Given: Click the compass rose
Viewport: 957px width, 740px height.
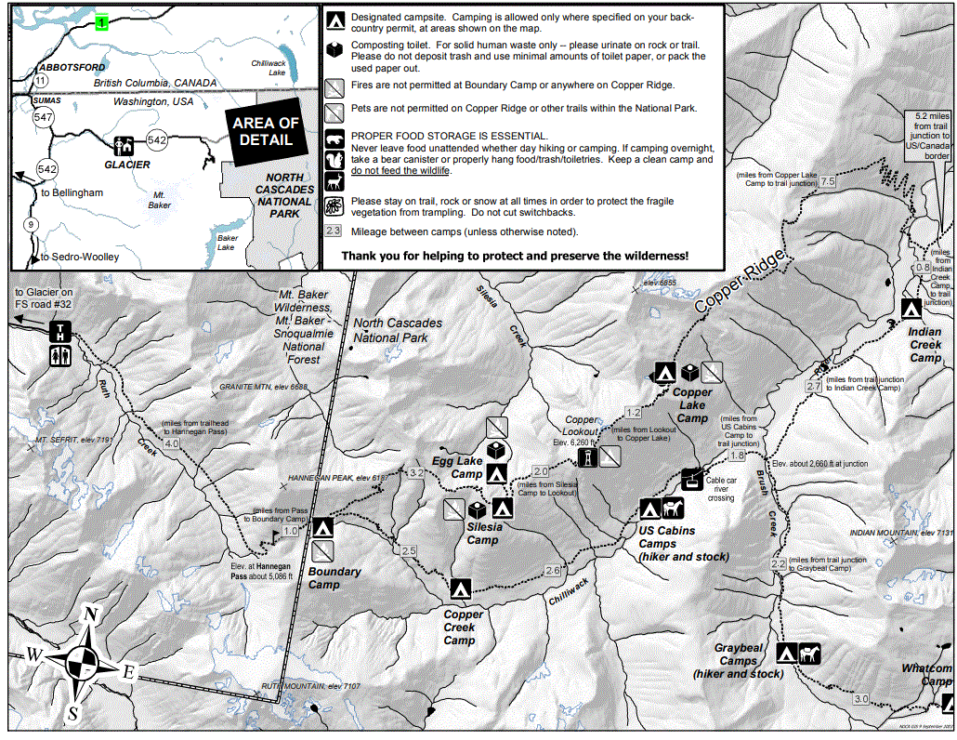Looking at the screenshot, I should click(86, 664).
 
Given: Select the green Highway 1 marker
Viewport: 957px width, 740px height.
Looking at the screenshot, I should click(101, 22).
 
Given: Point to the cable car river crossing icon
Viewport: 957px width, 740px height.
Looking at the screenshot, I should click(691, 479).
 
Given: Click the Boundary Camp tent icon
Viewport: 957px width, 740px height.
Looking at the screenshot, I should click(322, 528).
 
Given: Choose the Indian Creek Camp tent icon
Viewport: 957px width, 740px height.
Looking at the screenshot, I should click(912, 309).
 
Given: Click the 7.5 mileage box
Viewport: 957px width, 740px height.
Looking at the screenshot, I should click(827, 180).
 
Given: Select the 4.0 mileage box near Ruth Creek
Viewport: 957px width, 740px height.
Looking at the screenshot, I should click(172, 443).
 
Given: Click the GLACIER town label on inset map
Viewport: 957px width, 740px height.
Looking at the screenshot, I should click(127, 165).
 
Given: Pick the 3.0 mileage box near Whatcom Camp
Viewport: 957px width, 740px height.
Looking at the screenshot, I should click(860, 699).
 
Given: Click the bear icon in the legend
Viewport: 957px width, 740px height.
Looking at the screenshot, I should click(335, 140).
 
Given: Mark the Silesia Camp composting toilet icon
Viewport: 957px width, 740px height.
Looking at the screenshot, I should click(478, 509).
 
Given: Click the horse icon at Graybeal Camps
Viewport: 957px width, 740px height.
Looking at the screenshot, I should click(809, 654).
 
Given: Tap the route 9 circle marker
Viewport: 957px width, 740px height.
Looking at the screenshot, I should click(32, 224).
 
